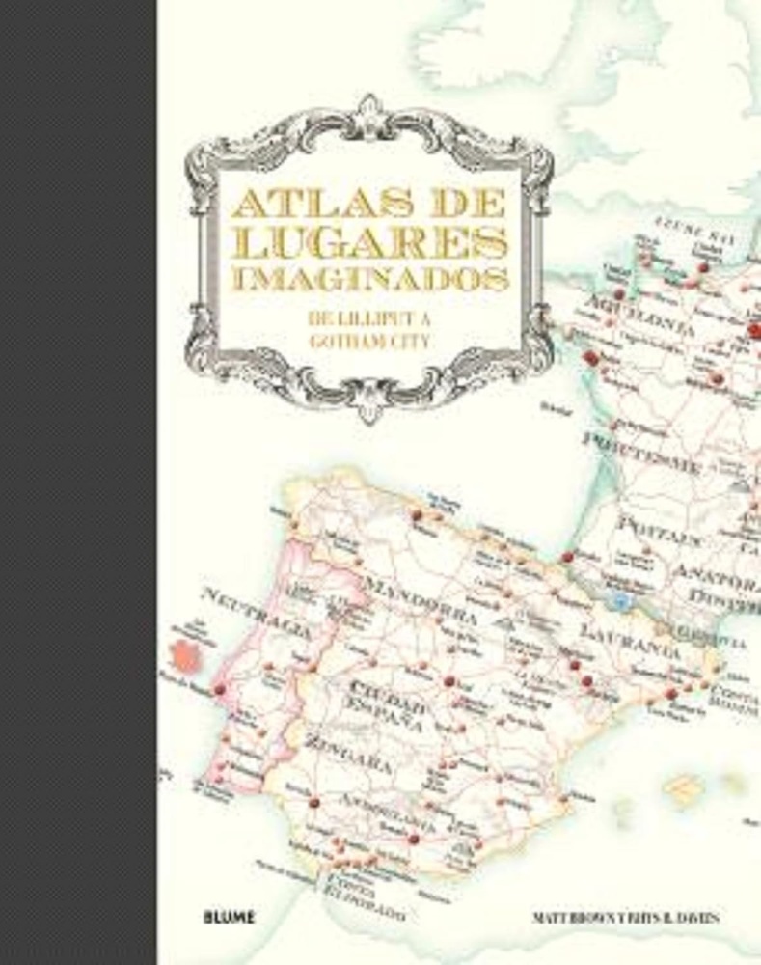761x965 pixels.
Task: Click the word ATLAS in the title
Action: (289, 205)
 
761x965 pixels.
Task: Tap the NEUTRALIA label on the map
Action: (258, 617)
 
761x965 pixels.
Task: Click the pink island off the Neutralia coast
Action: (181, 654)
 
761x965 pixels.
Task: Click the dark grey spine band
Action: (77, 482)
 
